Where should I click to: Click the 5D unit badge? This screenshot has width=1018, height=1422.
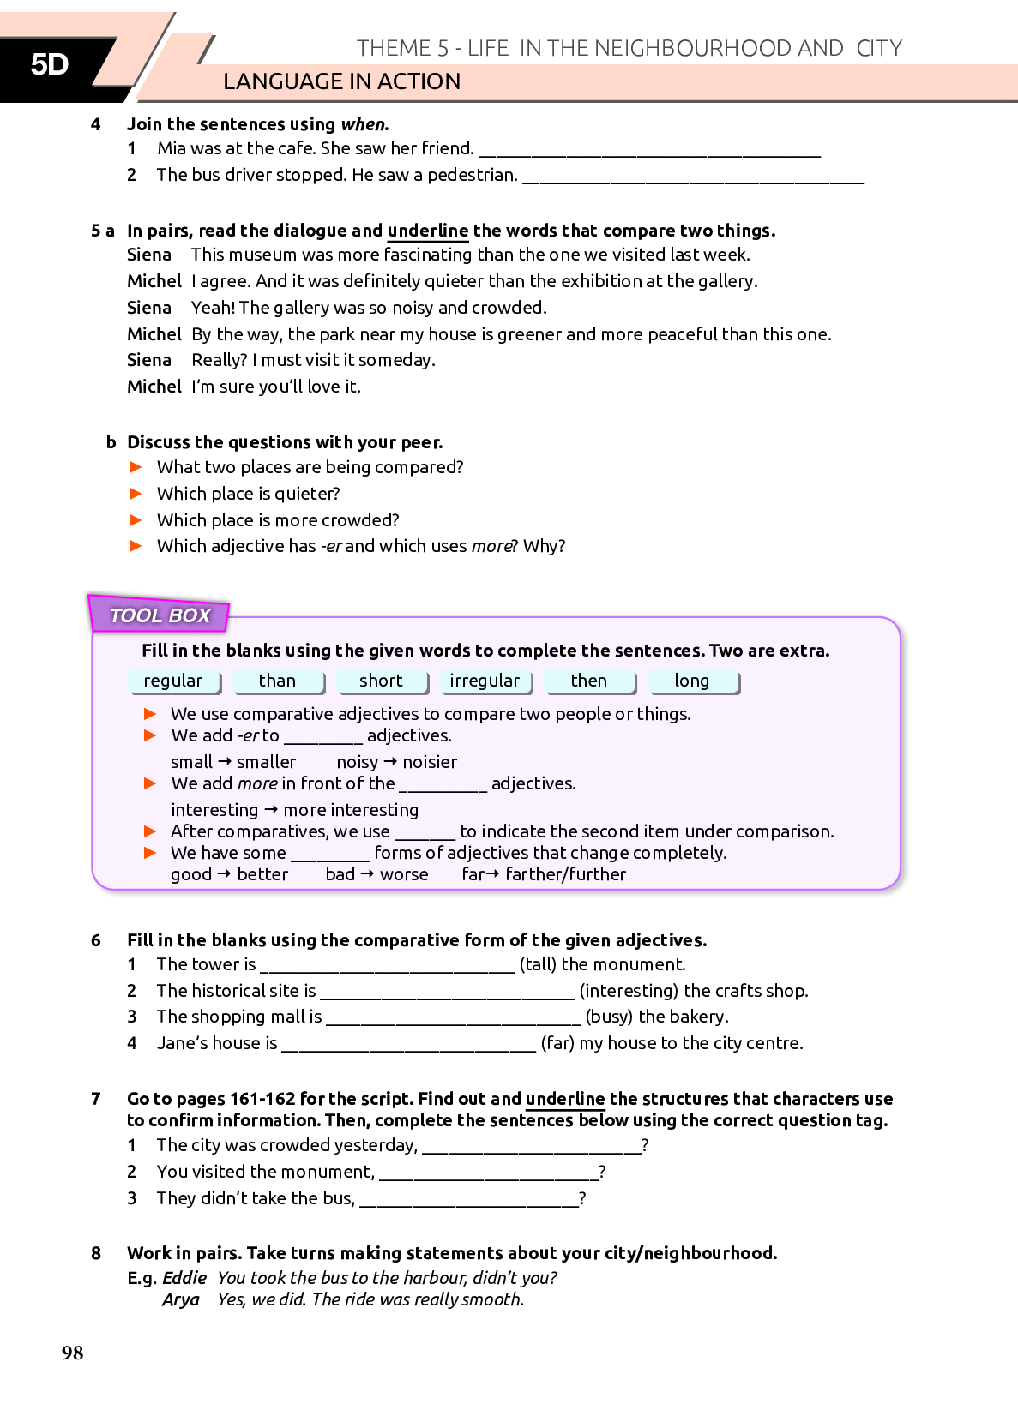point(50,64)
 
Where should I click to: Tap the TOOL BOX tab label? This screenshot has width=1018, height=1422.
point(160,615)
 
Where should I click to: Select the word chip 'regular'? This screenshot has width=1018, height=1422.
point(173,681)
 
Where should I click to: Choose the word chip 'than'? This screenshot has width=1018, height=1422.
point(277,681)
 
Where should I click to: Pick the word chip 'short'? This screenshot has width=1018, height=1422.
point(381,681)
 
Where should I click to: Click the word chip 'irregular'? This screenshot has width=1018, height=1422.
point(485,681)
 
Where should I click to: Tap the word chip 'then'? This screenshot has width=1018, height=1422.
point(588,681)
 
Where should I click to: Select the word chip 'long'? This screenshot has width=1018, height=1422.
point(692,681)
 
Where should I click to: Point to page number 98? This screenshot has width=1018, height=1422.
point(73,1353)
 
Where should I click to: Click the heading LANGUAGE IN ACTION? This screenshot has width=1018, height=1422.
point(341,81)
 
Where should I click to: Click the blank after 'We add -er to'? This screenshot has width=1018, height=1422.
point(323,738)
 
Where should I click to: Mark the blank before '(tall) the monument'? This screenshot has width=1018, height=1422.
point(387,967)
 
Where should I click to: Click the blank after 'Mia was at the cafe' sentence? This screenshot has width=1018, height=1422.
point(649,151)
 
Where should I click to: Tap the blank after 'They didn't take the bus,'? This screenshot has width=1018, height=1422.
point(469,1201)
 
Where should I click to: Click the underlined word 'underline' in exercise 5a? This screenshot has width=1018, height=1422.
point(427,231)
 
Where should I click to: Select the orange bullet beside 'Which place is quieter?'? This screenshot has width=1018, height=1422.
point(136,494)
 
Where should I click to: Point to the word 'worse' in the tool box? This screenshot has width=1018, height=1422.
point(404,874)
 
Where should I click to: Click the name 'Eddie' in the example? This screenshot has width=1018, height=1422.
point(184,1278)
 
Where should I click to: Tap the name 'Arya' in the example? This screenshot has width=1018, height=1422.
point(180,1299)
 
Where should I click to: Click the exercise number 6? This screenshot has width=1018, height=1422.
point(96,940)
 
